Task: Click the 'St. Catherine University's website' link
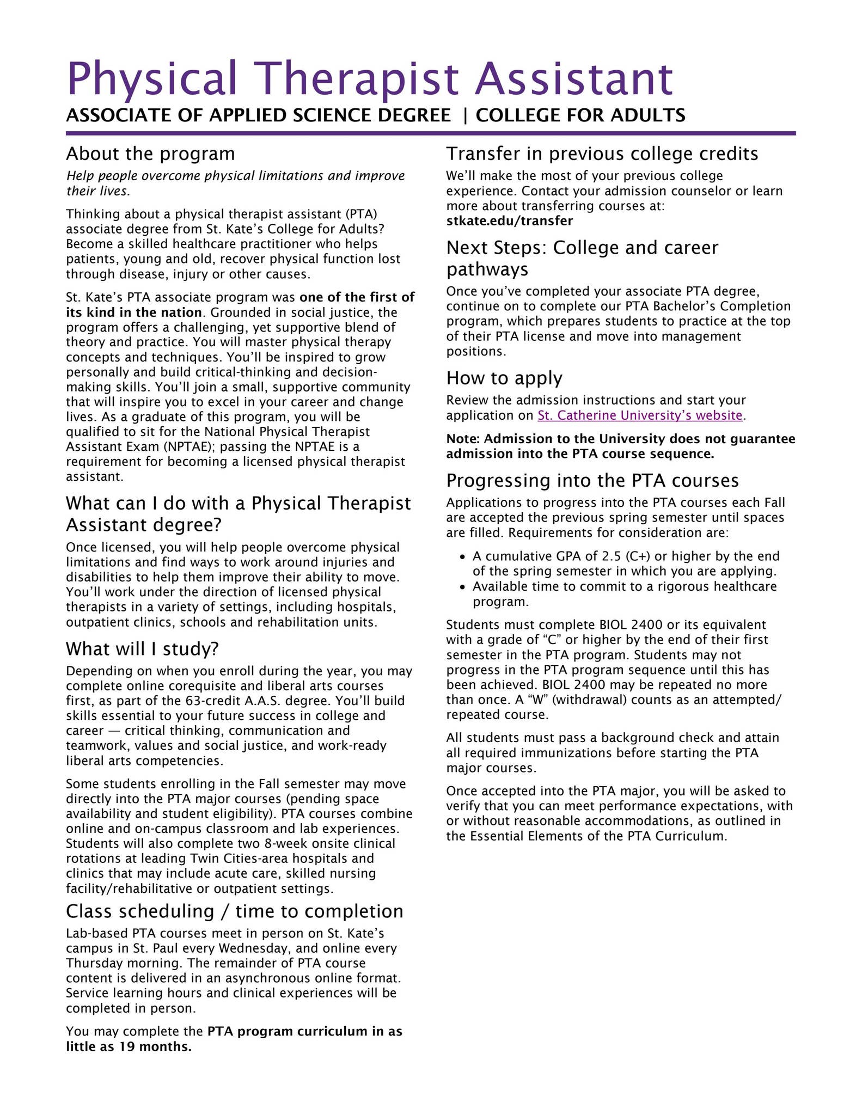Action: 640,415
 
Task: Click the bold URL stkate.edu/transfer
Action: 509,221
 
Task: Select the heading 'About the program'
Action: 150,154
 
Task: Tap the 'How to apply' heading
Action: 504,378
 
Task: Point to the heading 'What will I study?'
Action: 142,649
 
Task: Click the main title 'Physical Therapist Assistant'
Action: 370,79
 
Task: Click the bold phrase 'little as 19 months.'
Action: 129,1046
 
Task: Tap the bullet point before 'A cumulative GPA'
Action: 462,557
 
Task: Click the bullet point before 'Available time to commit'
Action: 462,587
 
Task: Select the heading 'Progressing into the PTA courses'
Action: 592,481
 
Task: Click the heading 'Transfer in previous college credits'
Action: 602,154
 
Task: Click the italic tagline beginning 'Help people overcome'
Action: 235,183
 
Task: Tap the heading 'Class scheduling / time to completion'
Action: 235,911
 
